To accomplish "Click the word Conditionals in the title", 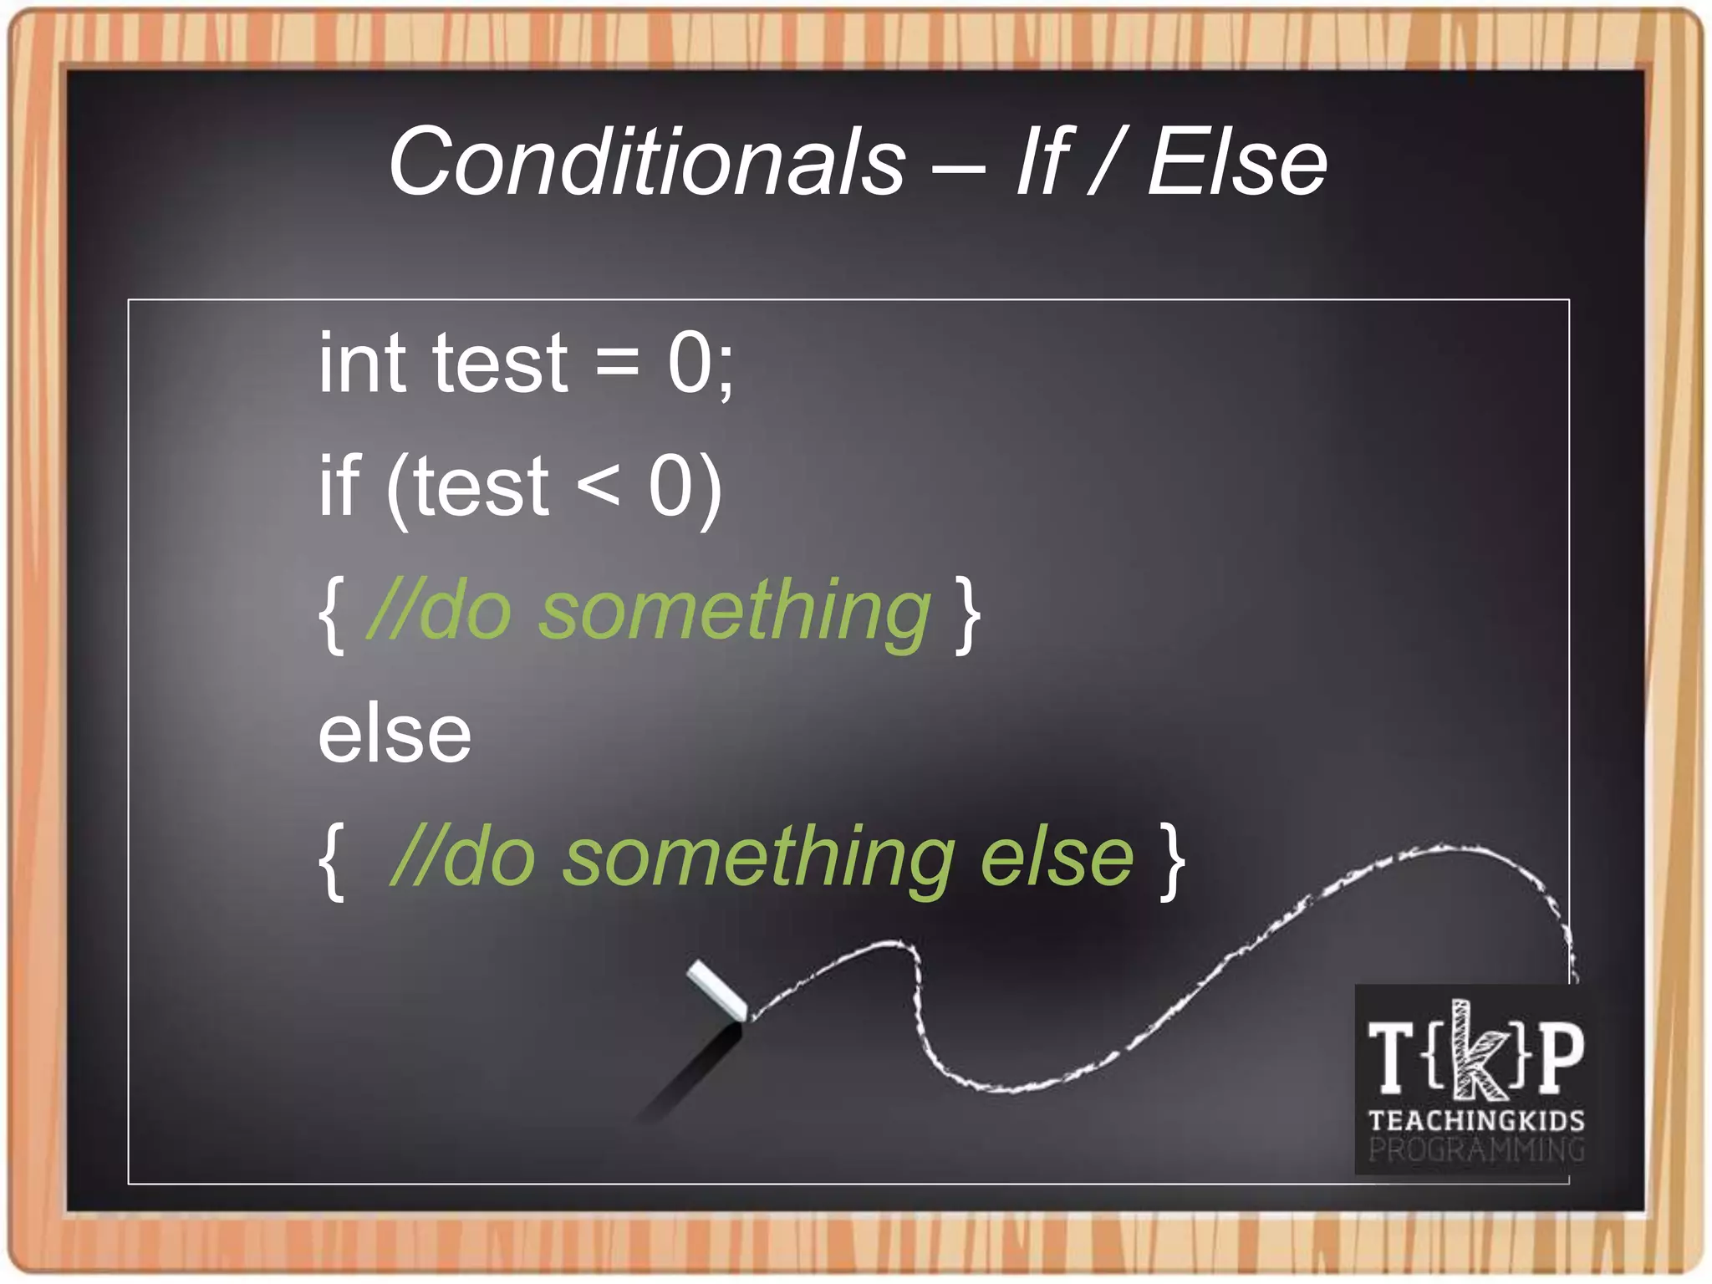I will tap(646, 161).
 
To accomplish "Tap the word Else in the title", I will tap(1237, 161).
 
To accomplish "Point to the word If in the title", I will tap(1041, 161).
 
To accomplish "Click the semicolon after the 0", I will tap(724, 372).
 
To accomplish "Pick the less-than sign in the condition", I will tap(599, 487).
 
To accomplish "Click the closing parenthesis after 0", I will tap(710, 489).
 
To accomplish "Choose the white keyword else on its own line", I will tap(395, 734).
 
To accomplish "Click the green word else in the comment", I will tap(1057, 859).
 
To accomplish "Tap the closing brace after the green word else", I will tap(1172, 861).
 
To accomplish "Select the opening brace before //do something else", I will tap(333, 861).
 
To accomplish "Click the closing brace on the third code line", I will tap(968, 614).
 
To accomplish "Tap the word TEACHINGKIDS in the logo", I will tap(1476, 1120).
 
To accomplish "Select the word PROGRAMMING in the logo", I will tap(1476, 1150).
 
